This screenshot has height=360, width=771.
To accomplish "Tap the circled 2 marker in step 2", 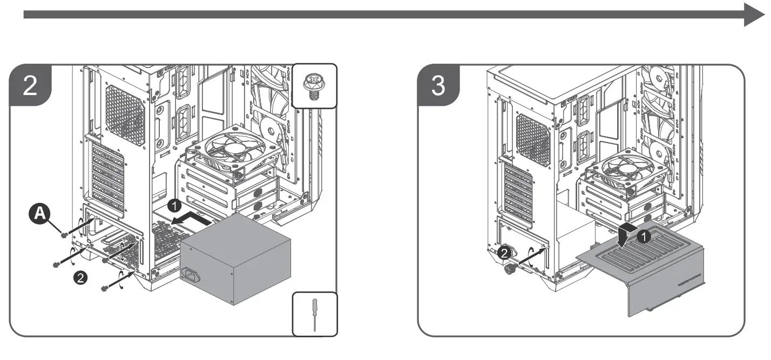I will point(80,277).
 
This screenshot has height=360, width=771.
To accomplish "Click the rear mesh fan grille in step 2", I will point(125,114).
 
